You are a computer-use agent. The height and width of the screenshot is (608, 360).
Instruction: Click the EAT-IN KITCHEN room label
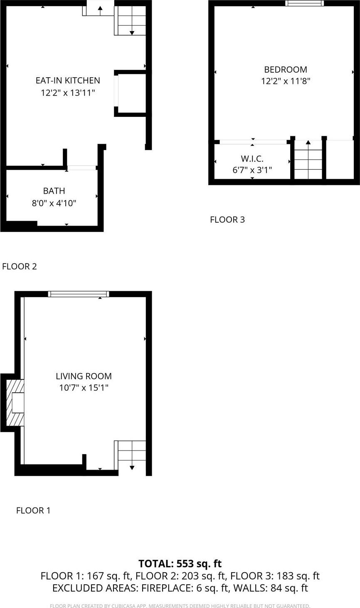point(68,81)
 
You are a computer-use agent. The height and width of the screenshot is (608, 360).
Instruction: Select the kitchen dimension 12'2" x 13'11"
point(68,92)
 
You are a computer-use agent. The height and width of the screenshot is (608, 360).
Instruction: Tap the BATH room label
point(54,191)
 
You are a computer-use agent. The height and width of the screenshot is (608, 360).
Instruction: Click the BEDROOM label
point(286,69)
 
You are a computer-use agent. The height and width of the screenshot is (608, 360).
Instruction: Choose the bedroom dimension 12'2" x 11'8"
point(286,81)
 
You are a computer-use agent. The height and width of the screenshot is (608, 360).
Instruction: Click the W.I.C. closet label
point(252,158)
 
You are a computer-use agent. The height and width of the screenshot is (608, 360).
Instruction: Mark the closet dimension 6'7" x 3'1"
point(252,170)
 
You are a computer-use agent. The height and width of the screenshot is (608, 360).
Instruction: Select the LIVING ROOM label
point(84,376)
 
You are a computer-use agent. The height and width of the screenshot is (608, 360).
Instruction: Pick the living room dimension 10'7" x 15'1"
point(84,388)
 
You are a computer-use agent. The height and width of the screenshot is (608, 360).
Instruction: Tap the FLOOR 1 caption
point(33,510)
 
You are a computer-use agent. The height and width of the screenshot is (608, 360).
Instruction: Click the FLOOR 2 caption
point(20,266)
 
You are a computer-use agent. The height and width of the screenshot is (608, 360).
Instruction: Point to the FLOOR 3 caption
point(227,219)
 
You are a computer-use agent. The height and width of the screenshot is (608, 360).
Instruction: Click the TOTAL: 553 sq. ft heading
point(180,564)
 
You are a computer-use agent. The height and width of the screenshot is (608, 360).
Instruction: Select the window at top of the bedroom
point(304,3)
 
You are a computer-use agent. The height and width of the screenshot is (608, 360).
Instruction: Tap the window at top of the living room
point(79,294)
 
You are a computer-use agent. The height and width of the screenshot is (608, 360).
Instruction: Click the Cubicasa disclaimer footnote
point(180,606)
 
